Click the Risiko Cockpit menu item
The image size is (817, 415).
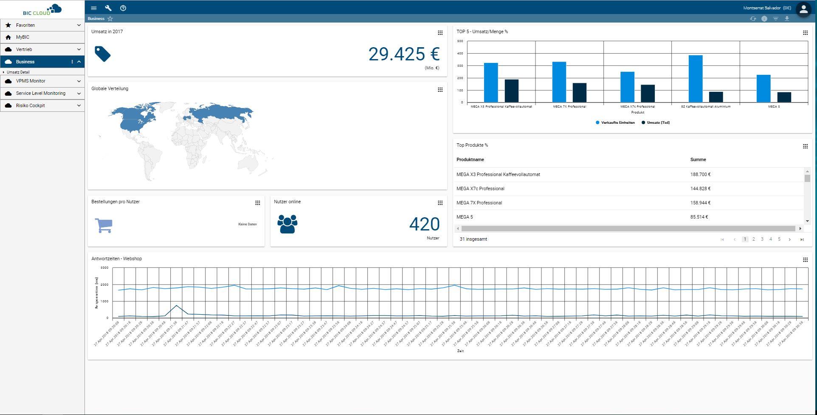31,105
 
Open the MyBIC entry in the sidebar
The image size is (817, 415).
23,37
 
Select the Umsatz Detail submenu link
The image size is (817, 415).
18,72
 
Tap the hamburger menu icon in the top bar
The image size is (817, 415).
94,8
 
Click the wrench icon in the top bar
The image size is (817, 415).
108,8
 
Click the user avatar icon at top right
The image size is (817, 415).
803,9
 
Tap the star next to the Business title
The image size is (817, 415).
110,19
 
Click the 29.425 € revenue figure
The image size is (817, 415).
403,54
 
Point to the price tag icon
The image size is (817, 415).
103,54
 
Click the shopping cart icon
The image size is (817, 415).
104,225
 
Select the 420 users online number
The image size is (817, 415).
424,225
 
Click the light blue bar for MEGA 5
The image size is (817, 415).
763,88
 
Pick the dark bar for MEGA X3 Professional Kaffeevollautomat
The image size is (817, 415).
511,91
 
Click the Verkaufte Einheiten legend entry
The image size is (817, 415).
615,122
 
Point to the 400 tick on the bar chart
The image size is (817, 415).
460,54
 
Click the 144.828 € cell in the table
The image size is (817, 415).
700,189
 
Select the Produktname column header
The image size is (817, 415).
470,160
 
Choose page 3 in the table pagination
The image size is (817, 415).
762,239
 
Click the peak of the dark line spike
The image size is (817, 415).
177,306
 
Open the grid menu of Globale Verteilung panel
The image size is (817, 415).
440,90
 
